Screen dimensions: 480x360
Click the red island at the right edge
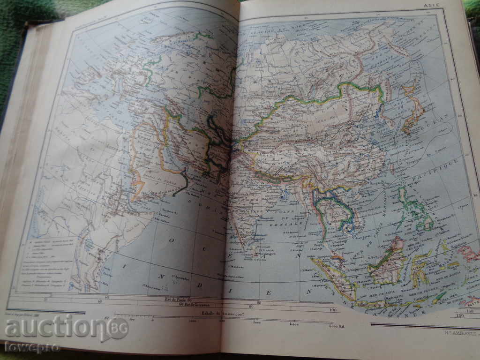(x=469, y=253)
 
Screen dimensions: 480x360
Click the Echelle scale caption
(x=220, y=313)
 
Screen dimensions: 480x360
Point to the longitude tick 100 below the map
(x=333, y=310)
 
